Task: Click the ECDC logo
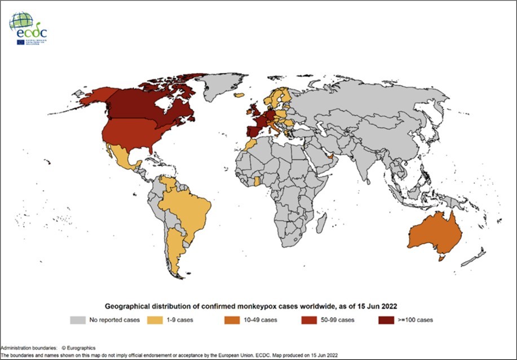click(x=28, y=28)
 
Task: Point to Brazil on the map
click(x=189, y=209)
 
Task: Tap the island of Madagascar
click(x=320, y=226)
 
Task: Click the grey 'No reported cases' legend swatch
click(x=77, y=321)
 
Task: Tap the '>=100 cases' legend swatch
click(x=387, y=321)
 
